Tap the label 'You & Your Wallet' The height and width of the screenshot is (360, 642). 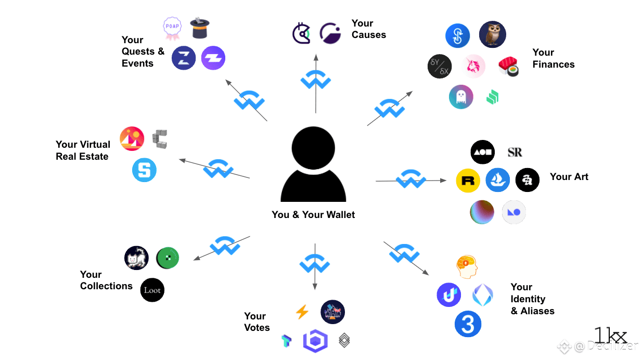(x=313, y=215)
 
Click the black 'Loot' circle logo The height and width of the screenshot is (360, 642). (x=152, y=290)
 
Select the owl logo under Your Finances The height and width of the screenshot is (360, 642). (x=492, y=34)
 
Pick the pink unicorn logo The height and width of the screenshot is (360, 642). (x=474, y=67)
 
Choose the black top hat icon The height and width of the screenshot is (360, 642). (x=200, y=28)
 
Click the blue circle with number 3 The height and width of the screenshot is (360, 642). (x=468, y=324)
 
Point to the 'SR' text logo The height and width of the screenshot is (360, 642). (x=515, y=152)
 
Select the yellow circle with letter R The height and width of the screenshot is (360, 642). (x=468, y=181)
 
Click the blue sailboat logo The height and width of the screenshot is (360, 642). (x=497, y=180)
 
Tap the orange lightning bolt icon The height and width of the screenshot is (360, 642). (x=302, y=312)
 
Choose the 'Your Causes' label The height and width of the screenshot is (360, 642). (x=368, y=29)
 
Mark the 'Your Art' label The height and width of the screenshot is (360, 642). (x=569, y=177)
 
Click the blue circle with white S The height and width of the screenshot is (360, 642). (x=144, y=170)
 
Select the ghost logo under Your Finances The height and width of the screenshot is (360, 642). (x=461, y=97)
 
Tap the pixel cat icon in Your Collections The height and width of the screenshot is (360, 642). (x=136, y=258)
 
